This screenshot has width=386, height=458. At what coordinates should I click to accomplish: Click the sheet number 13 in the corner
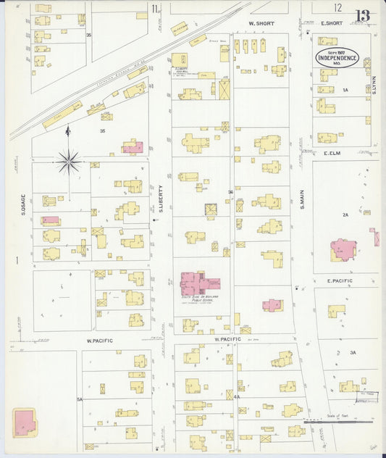click(362, 14)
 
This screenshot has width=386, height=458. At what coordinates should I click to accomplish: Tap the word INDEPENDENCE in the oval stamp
click(336, 57)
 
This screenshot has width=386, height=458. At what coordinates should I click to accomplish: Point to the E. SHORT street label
click(330, 23)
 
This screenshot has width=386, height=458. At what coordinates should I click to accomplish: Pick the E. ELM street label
click(332, 154)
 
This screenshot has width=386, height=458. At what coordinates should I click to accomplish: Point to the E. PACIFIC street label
click(338, 280)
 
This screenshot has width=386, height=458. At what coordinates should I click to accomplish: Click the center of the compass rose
click(69, 161)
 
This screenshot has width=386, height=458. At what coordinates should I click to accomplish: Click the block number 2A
click(345, 215)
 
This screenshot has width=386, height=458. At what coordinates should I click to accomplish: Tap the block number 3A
click(353, 352)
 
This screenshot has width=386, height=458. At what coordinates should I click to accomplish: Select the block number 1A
click(345, 90)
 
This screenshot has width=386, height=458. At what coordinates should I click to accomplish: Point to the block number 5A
click(80, 399)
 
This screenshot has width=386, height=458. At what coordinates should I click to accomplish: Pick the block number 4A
click(237, 397)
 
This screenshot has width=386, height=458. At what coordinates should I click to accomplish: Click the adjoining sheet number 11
click(155, 9)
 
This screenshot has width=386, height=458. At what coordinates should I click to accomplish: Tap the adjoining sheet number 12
click(337, 7)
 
